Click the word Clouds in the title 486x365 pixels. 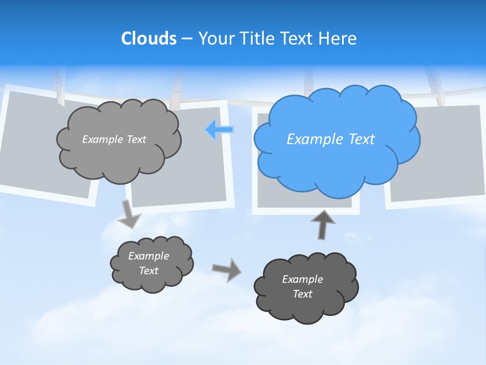[x=149, y=39]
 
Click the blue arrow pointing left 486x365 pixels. [x=219, y=130]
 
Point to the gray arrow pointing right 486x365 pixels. [x=226, y=269]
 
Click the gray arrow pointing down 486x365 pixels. [x=129, y=214]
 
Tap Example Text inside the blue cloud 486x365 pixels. [x=331, y=139]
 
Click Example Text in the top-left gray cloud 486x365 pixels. [x=114, y=139]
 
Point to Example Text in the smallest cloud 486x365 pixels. [x=149, y=263]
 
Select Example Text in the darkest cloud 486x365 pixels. [x=302, y=286]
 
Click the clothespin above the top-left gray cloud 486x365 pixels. [x=60, y=89]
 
